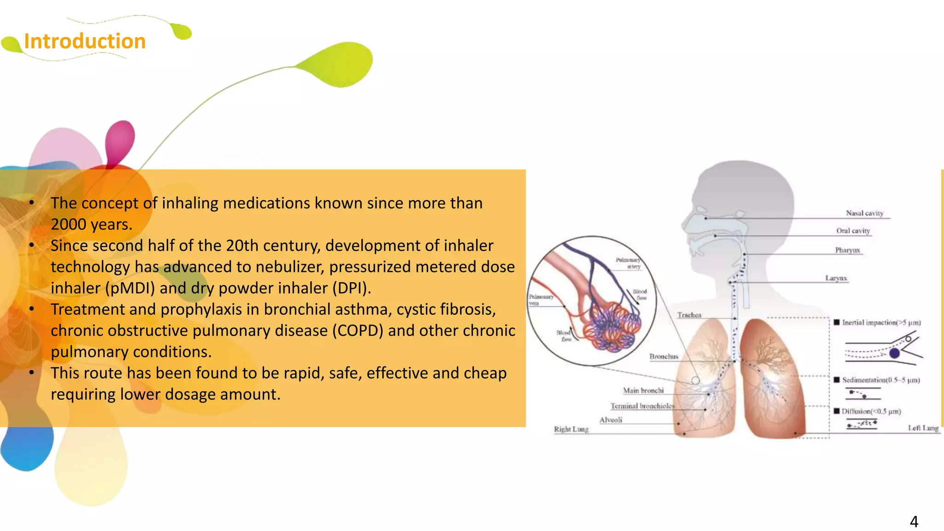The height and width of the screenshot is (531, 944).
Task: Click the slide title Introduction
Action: (85, 41)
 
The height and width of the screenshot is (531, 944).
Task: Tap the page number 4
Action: (914, 521)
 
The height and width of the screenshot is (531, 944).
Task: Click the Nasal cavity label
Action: (864, 213)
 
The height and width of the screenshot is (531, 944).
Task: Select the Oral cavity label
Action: (853, 230)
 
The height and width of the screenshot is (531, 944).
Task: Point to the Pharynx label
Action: (847, 250)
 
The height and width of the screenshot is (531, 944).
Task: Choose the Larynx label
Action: (836, 278)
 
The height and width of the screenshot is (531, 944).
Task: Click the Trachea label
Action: (689, 315)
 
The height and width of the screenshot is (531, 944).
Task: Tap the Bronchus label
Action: (664, 356)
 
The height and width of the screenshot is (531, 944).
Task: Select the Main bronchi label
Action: (643, 390)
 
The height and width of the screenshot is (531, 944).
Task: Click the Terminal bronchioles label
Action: (642, 406)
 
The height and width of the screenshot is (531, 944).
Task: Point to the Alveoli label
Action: (611, 420)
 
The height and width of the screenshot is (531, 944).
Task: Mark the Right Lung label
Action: (571, 429)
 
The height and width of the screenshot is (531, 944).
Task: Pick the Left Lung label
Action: (923, 428)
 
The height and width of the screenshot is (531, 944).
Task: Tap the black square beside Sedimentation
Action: (837, 380)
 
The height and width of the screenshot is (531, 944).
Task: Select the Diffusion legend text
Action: (871, 411)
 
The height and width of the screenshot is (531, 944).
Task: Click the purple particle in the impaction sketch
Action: (894, 354)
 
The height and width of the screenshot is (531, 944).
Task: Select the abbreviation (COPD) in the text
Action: (358, 330)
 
